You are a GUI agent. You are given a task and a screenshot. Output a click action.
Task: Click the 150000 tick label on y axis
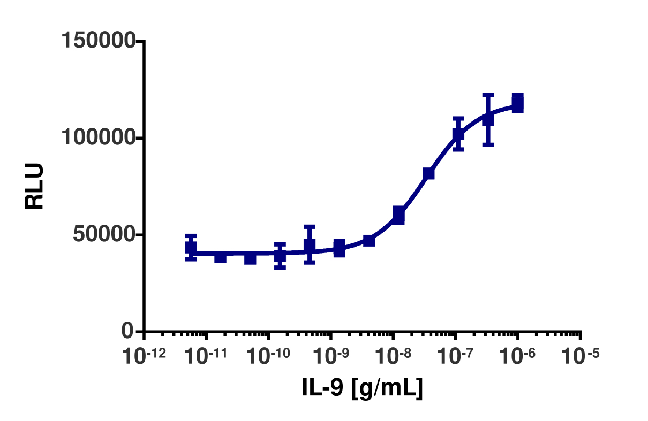point(97,41)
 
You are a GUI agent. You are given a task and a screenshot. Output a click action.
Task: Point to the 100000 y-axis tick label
point(97,138)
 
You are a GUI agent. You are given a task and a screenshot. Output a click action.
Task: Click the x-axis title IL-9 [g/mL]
point(362,387)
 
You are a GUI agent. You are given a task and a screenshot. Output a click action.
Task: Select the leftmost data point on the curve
point(191,248)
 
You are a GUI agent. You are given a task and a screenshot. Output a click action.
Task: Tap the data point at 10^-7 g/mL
point(458,134)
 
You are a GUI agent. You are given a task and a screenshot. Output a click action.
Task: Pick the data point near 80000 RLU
point(428,173)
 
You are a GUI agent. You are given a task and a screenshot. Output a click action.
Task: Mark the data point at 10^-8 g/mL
point(398,215)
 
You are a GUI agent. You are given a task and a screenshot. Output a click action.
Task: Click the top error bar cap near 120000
point(488,95)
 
